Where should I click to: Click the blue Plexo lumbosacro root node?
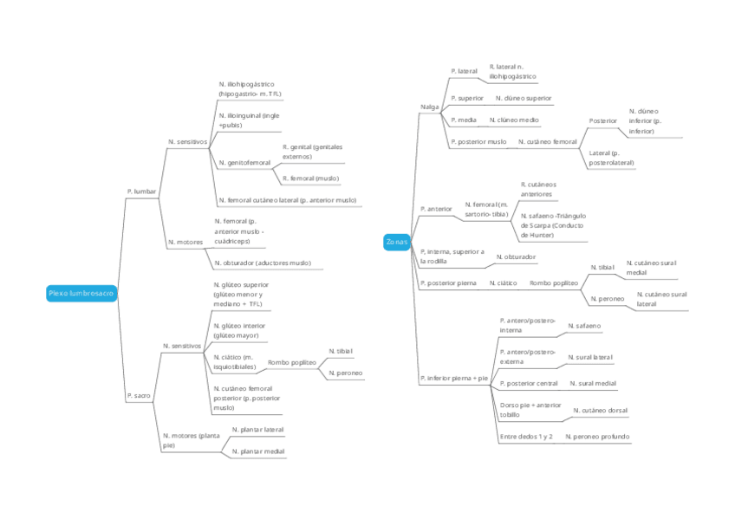pyautogui.click(x=81, y=294)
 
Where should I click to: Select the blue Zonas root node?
pyautogui.click(x=396, y=243)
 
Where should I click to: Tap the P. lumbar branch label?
pyautogui.click(x=141, y=191)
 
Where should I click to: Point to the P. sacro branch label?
pyautogui.click(x=139, y=395)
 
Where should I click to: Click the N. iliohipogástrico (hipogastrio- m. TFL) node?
pyautogui.click(x=250, y=88)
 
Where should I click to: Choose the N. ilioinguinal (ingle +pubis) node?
pyautogui.click(x=249, y=120)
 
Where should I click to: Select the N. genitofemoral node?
pyautogui.click(x=244, y=162)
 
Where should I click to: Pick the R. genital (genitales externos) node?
pyautogui.click(x=312, y=152)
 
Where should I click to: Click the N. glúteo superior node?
pyautogui.click(x=242, y=294)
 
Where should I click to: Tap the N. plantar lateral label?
pyautogui.click(x=257, y=430)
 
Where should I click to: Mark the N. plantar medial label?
pyautogui.click(x=257, y=451)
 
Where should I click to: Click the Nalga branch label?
pyautogui.click(x=429, y=107)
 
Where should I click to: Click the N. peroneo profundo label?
pyautogui.click(x=597, y=437)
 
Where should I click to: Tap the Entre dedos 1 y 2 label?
pyautogui.click(x=526, y=437)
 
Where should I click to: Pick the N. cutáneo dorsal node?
pyautogui.click(x=601, y=410)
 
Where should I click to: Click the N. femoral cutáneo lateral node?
pyautogui.click(x=287, y=200)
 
